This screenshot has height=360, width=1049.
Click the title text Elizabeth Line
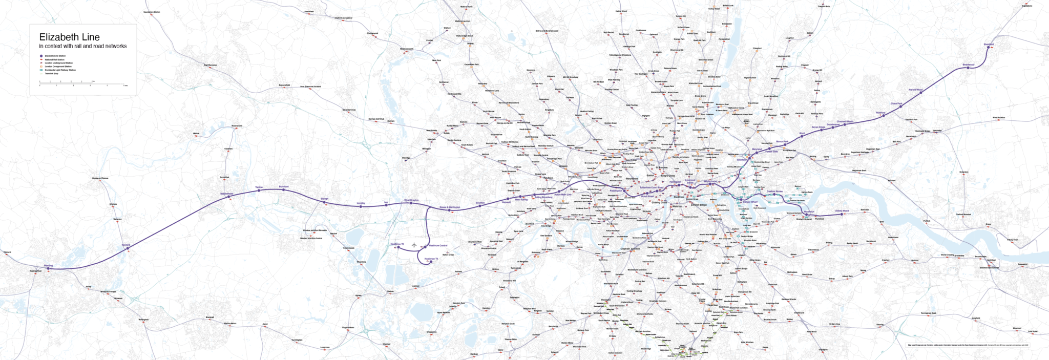(69, 37)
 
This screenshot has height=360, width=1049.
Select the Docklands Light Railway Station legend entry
(60, 70)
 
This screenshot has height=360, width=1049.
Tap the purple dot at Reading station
(50, 268)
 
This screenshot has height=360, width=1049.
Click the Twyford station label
(126, 245)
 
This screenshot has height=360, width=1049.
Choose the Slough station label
(324, 199)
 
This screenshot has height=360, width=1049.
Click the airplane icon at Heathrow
(414, 245)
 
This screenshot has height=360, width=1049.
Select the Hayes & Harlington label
(450, 207)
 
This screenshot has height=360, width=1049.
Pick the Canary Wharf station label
(750, 202)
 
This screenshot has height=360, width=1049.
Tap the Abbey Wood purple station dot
(842, 214)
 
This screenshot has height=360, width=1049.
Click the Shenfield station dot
(989, 48)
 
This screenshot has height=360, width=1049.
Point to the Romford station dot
(883, 115)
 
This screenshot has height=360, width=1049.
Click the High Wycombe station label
(210, 65)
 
